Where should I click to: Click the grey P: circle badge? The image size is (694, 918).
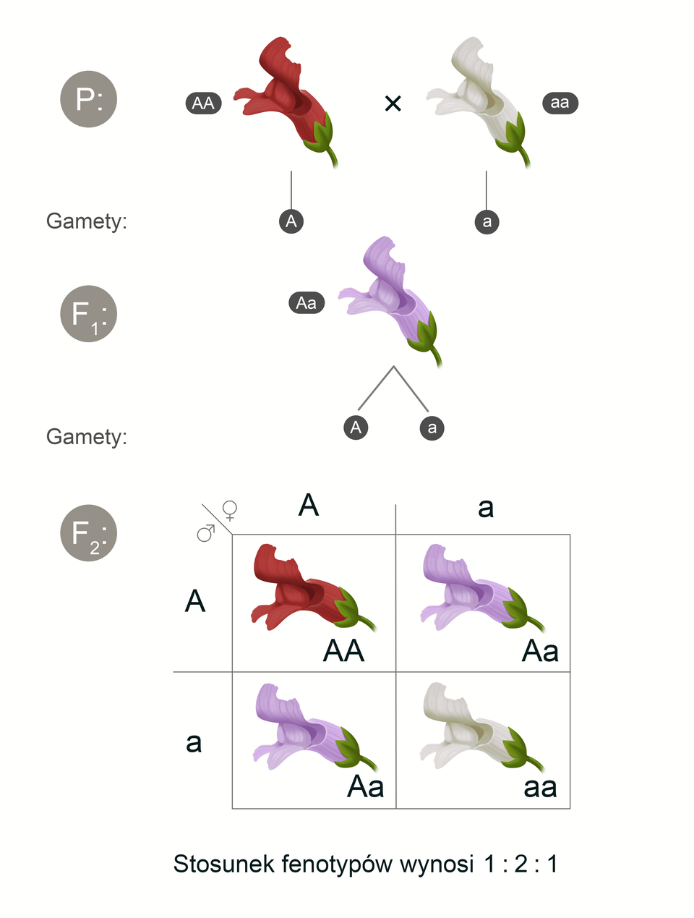click(x=88, y=99)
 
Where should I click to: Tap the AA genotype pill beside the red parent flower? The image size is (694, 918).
click(x=203, y=103)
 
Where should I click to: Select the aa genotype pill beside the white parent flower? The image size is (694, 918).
click(x=560, y=103)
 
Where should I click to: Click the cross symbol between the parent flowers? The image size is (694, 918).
click(x=393, y=104)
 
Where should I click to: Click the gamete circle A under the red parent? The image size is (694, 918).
click(x=291, y=221)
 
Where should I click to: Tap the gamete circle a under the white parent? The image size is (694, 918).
click(x=487, y=221)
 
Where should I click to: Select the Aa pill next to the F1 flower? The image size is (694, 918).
click(x=307, y=303)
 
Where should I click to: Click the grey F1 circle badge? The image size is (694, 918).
click(x=88, y=314)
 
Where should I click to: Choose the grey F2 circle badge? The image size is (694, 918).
click(x=88, y=533)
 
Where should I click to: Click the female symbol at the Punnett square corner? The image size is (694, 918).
click(x=230, y=511)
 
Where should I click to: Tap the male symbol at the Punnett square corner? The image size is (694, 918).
click(x=206, y=533)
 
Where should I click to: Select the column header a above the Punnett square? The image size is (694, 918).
click(x=486, y=508)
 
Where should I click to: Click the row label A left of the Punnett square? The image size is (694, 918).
click(x=195, y=601)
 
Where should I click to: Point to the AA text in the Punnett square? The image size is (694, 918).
click(x=343, y=651)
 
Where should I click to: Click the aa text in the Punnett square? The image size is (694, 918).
click(x=540, y=787)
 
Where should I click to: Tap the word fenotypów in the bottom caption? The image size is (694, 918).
click(x=337, y=864)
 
